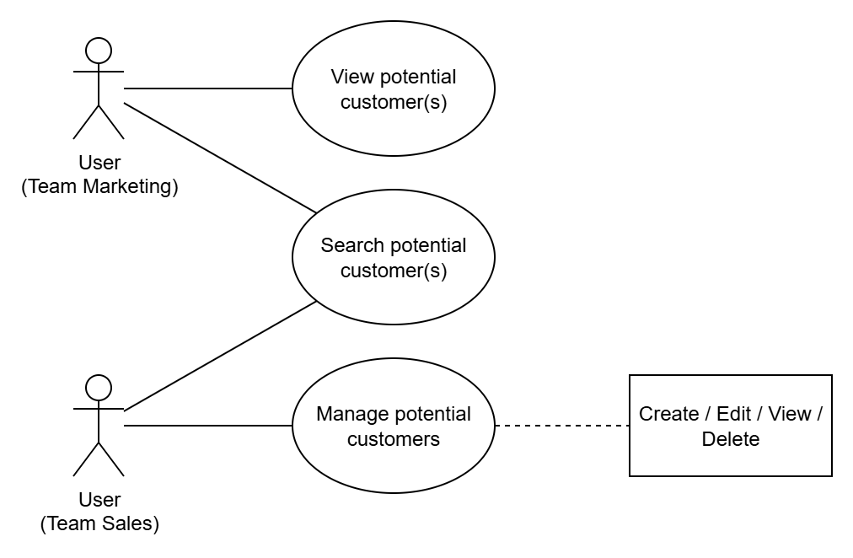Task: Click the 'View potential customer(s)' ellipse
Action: (393, 89)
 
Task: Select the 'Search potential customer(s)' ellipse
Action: (393, 257)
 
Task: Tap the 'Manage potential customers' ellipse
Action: (393, 426)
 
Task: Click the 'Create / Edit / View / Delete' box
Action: (731, 426)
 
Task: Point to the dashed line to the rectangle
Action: (562, 426)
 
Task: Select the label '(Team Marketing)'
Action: (99, 186)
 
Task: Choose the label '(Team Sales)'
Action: (99, 523)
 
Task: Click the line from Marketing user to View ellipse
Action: (208, 89)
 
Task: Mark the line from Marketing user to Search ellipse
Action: (219, 158)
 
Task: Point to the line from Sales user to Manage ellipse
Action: (208, 426)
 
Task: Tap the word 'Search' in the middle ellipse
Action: (352, 246)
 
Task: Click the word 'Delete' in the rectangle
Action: (731, 439)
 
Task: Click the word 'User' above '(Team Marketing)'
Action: (99, 164)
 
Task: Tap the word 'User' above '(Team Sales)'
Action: (99, 501)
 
